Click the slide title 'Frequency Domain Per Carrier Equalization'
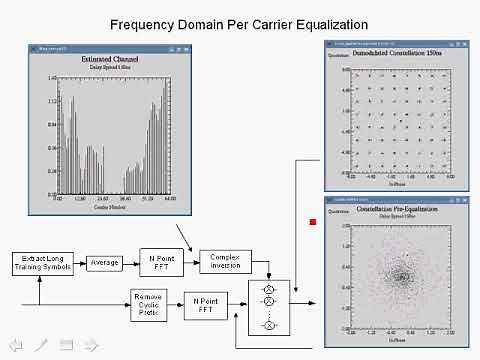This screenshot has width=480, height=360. pyautogui.click(x=240, y=23)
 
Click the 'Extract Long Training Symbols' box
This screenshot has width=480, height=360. pyautogui.click(x=40, y=263)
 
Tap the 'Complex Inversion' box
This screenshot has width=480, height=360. pyautogui.click(x=225, y=262)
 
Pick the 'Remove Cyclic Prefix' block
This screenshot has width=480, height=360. pyautogui.click(x=149, y=302)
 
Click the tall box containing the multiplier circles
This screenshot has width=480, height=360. pyautogui.click(x=268, y=305)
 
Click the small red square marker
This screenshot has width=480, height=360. pyautogui.click(x=313, y=222)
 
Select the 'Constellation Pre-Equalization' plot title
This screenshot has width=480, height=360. pyautogui.click(x=399, y=212)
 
